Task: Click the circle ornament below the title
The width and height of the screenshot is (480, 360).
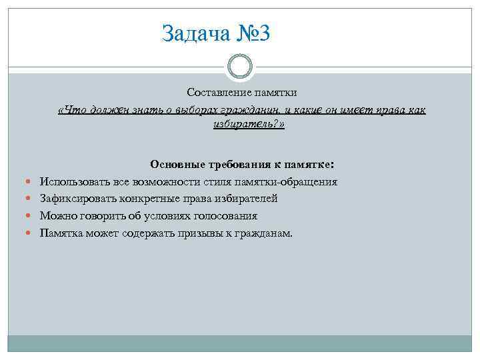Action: tap(240, 66)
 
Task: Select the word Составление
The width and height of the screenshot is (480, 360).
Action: tap(213, 92)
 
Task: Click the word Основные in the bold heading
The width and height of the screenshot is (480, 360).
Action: tap(174, 165)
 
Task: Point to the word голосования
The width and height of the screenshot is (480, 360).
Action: tap(224, 217)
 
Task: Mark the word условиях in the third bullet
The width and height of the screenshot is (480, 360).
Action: tap(167, 217)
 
